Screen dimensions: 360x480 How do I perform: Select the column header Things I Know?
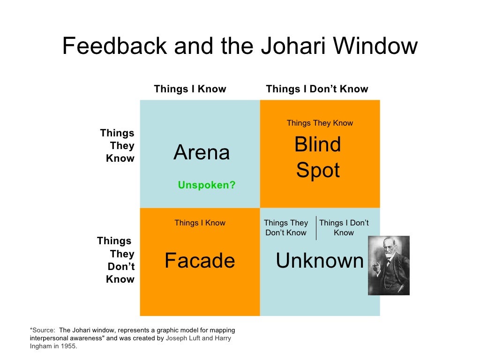click(x=190, y=89)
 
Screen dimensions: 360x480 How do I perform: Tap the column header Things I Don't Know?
click(x=317, y=89)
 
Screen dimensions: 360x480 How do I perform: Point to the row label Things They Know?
click(x=118, y=146)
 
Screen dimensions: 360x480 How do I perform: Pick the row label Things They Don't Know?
click(x=117, y=260)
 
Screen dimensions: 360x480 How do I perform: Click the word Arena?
click(x=202, y=153)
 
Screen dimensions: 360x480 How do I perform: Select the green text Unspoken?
click(x=207, y=185)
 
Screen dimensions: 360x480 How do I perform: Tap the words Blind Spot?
click(x=318, y=157)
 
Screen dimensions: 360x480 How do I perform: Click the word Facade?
click(x=200, y=261)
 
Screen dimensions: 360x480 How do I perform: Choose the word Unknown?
click(x=320, y=261)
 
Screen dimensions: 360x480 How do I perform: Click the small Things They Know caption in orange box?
click(x=320, y=123)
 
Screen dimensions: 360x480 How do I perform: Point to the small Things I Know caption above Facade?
click(x=200, y=223)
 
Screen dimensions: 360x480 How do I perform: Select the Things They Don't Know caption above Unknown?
click(x=286, y=228)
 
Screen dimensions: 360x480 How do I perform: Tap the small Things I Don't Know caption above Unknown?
click(x=344, y=228)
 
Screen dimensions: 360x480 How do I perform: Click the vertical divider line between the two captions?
click(x=316, y=228)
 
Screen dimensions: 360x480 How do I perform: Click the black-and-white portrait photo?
click(x=389, y=265)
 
